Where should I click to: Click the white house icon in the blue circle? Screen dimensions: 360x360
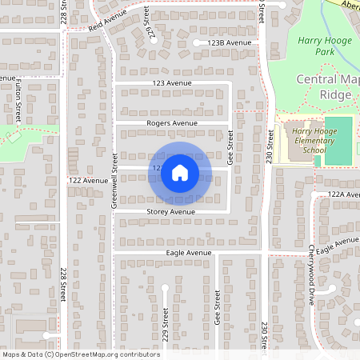[x=180, y=172]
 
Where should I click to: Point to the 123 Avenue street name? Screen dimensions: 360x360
[x=174, y=83]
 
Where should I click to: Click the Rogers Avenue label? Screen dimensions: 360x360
[x=172, y=123]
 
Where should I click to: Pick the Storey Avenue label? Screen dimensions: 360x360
[x=170, y=211]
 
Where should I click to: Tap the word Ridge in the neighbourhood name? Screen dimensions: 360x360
[x=335, y=94]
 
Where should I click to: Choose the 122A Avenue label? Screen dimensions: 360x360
[x=345, y=194]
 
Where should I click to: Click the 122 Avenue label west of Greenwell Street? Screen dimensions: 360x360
[x=88, y=181]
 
